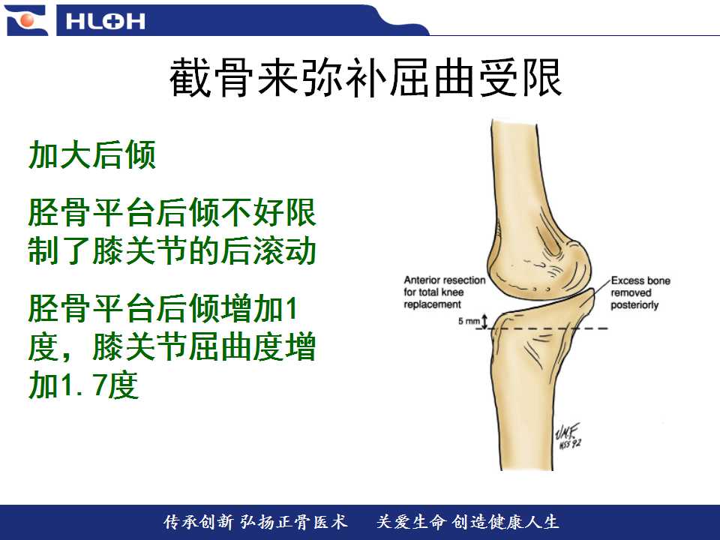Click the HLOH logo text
pos(105,21)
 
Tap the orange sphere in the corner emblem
pos(28,20)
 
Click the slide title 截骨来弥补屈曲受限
pos(365,77)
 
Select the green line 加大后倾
pos(92,155)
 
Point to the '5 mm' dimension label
pos(468,321)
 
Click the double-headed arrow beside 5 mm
pos(484,321)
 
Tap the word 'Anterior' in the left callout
pos(421,280)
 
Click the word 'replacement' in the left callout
pos(432,305)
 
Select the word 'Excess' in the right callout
pos(627,280)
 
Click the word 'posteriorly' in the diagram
pos(634,305)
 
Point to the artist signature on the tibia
pos(568,436)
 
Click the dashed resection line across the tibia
pos(541,328)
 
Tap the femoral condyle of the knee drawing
pos(538,267)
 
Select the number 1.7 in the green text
pos(75,385)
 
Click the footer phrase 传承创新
pos(199,522)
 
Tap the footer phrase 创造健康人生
pos(505,522)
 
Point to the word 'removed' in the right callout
pos(631,293)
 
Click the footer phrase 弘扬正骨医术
pos(293,522)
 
